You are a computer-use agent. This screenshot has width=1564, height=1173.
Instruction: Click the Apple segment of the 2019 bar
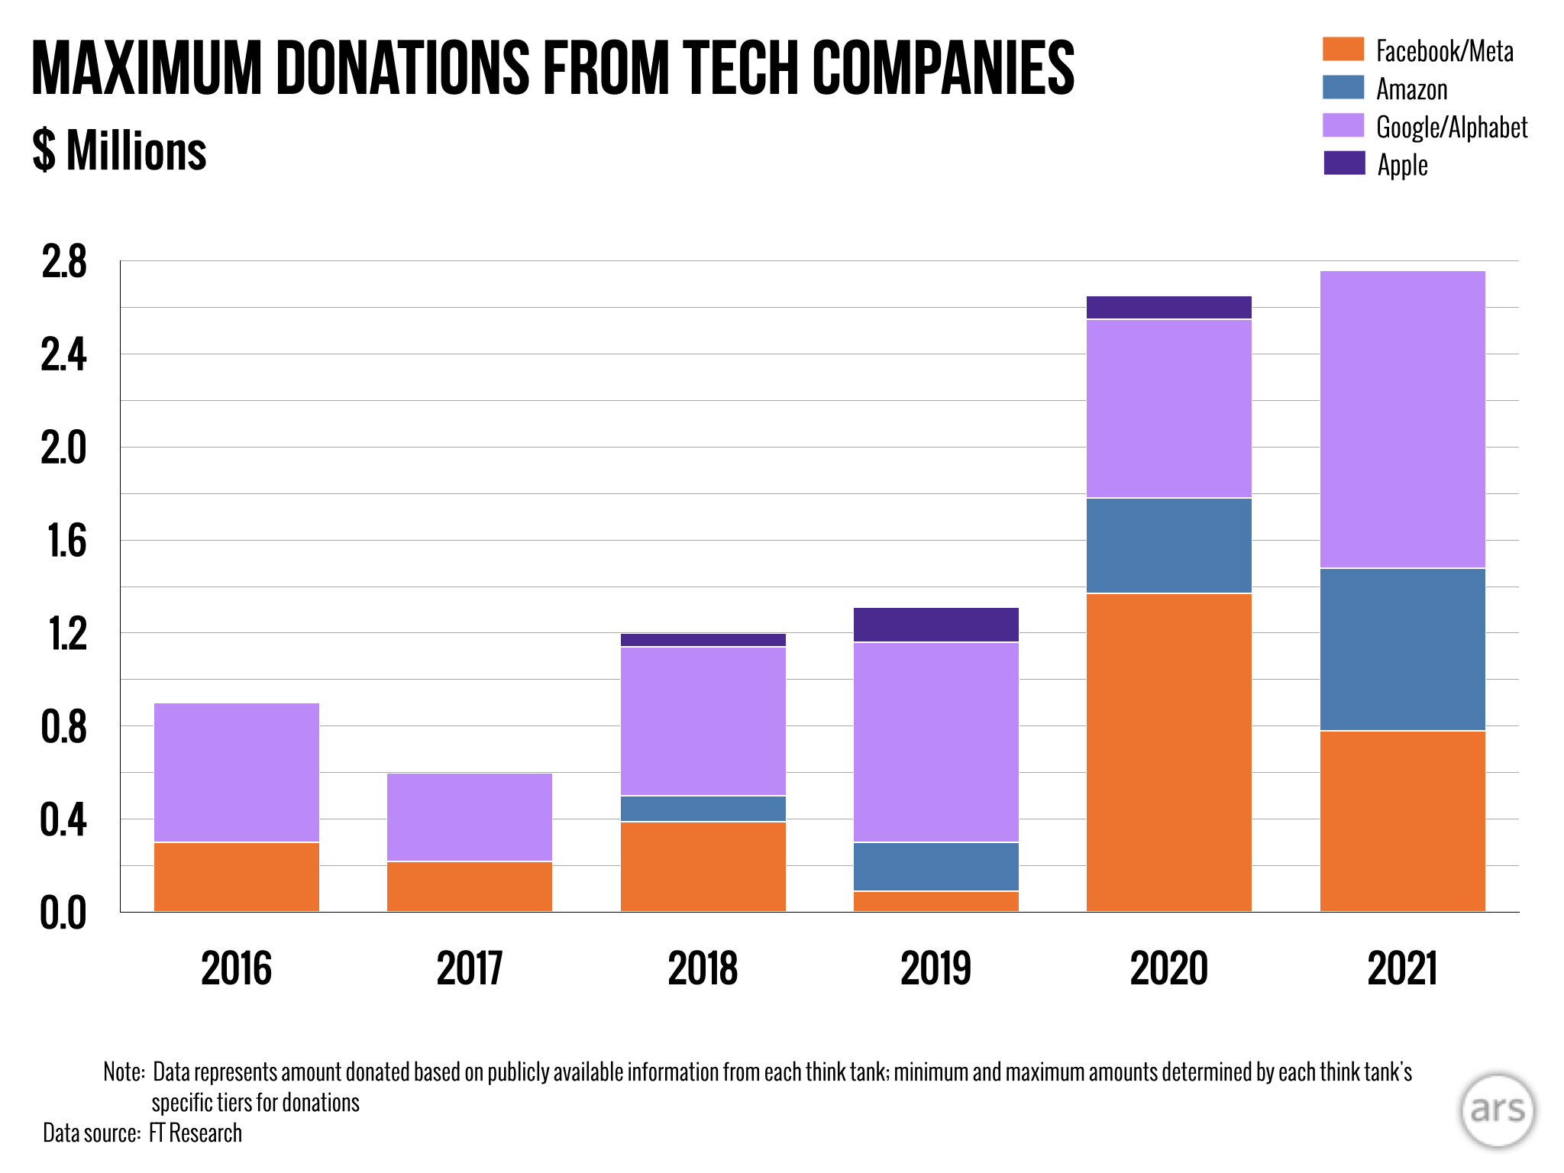tap(935, 625)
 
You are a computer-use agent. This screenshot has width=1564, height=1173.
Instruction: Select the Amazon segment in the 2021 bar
tap(1402, 649)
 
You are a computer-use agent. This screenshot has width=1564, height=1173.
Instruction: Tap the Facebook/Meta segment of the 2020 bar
tap(1168, 752)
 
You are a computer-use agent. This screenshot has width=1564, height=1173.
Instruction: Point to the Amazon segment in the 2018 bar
tap(703, 809)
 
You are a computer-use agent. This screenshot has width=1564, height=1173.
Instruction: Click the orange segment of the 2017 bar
tap(470, 886)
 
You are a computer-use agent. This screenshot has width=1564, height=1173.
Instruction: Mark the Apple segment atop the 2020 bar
tap(1168, 307)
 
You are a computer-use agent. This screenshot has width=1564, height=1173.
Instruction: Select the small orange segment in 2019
tap(935, 901)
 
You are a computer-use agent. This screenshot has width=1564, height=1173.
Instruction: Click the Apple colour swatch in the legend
tap(1343, 163)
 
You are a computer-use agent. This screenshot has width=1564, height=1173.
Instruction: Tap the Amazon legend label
tap(1411, 89)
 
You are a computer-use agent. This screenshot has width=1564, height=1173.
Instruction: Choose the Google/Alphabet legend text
tap(1451, 127)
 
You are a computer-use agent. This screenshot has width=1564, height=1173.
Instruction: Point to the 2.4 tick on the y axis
tap(63, 355)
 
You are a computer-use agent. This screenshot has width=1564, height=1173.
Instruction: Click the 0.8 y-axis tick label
tap(63, 727)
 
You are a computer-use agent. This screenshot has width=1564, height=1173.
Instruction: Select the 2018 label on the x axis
tap(703, 968)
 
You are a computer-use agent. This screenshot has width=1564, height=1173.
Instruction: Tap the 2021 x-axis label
tap(1402, 968)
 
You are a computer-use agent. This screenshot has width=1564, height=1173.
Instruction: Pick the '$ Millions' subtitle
tap(120, 150)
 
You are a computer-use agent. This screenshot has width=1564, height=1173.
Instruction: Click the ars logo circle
tap(1497, 1110)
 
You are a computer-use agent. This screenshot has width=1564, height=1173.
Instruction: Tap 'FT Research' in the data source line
tap(195, 1133)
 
